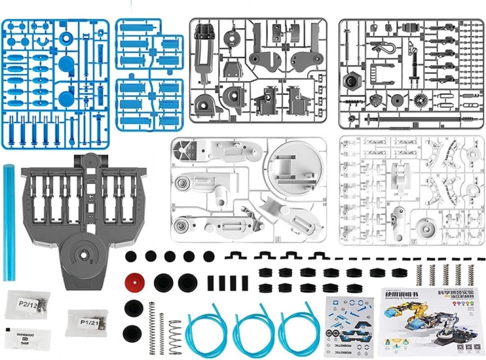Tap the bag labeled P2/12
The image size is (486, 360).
click(x=28, y=305)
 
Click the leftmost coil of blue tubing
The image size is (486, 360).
click(x=206, y=330)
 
